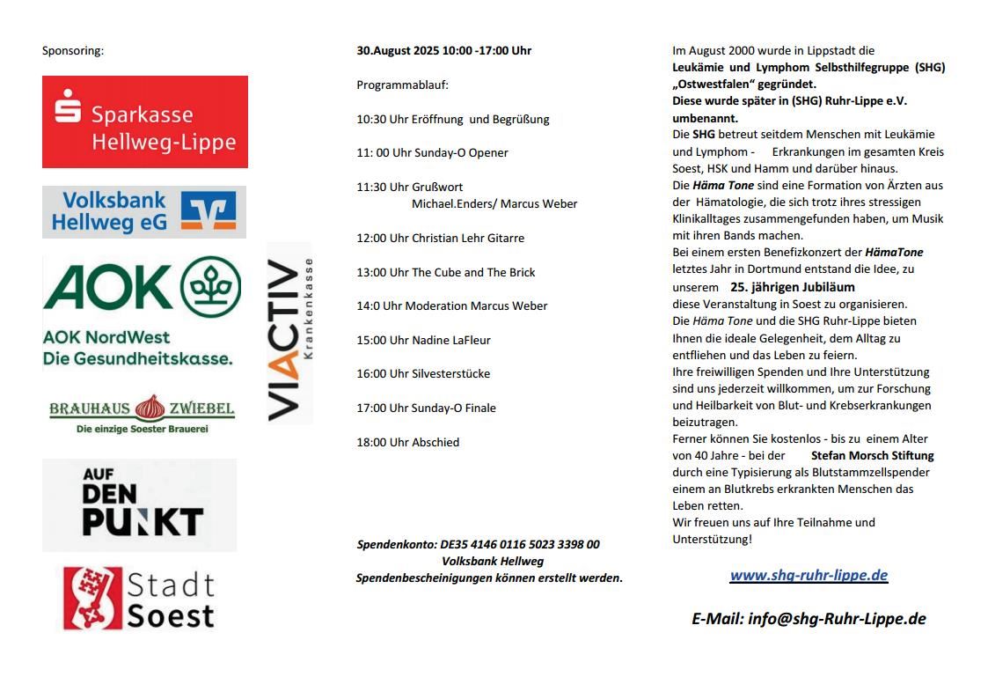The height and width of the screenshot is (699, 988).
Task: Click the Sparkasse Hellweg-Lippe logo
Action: tap(145, 121)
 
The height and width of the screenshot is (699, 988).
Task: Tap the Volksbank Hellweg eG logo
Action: tap(144, 211)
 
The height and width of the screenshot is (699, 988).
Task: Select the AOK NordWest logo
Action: tap(142, 311)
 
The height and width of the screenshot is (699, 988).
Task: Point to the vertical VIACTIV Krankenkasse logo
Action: tap(289, 334)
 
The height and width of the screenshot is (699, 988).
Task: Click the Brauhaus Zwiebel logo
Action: tap(142, 414)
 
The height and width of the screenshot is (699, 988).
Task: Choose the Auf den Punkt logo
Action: tap(140, 504)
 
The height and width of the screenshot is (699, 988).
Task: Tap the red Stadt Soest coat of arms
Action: tap(91, 599)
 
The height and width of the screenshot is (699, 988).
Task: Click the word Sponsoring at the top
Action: tap(73, 51)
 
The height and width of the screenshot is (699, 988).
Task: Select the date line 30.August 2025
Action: tap(443, 51)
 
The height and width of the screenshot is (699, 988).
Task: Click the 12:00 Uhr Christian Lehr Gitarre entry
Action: tap(440, 238)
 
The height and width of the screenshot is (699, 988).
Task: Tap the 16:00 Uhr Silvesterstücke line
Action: tap(423, 373)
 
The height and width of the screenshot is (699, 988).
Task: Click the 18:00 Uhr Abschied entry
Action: tap(407, 442)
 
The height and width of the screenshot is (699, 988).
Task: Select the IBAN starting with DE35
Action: tap(520, 544)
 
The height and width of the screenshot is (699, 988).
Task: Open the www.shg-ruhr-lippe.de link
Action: tap(809, 575)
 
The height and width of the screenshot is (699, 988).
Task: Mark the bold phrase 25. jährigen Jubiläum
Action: tap(792, 287)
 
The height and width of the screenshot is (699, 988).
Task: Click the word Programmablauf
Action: tap(402, 85)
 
